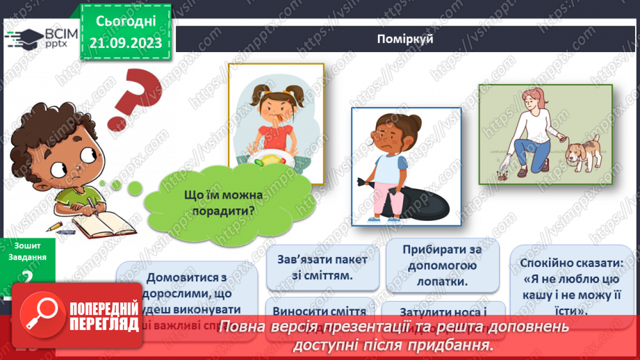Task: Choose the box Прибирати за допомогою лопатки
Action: coord(441,265)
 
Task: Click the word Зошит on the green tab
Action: coord(28,245)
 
